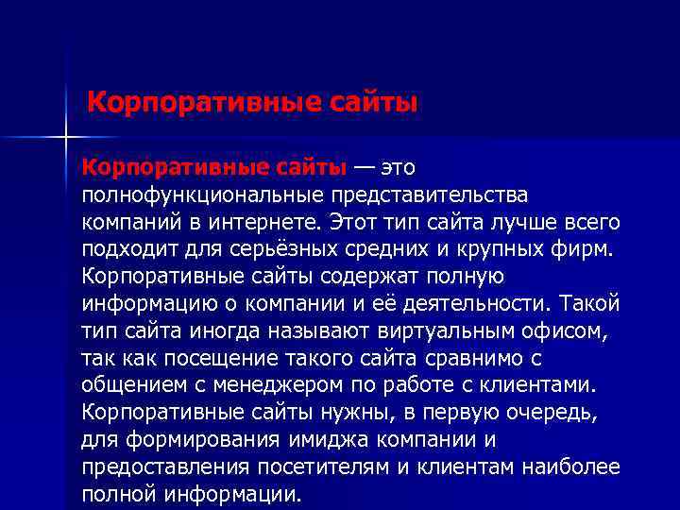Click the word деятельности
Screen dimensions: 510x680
click(x=478, y=305)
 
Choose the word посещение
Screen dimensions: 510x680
click(x=195, y=360)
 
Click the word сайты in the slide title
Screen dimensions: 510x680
click(x=369, y=101)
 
